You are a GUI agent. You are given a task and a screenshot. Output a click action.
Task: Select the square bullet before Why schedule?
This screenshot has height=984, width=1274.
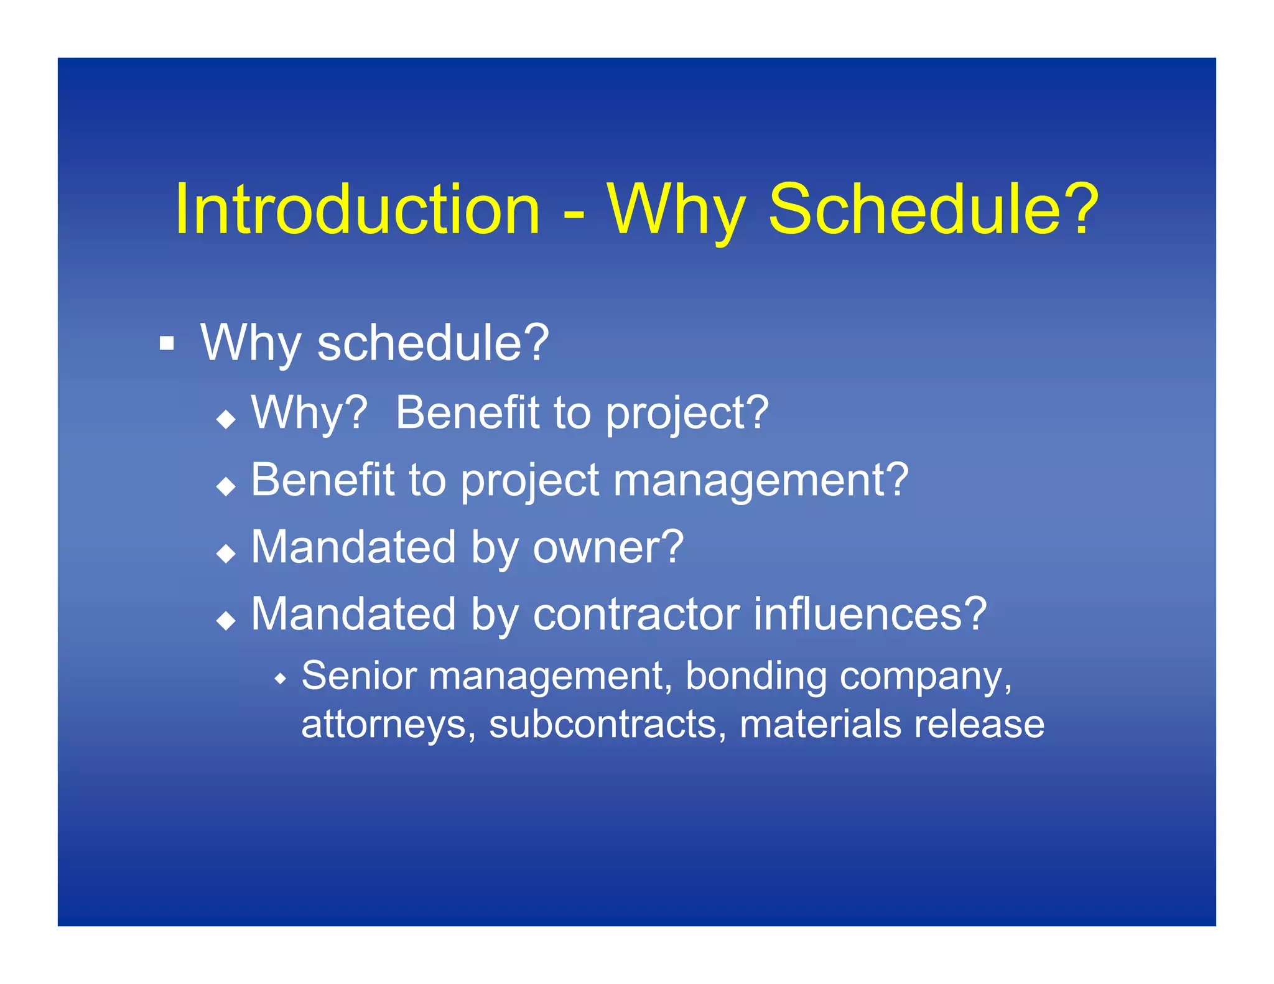pyautogui.click(x=166, y=343)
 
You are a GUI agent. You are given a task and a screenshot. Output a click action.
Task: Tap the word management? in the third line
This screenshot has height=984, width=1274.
pyautogui.click(x=761, y=481)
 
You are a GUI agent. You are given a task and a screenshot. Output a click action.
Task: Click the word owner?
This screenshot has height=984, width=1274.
pyautogui.click(x=608, y=547)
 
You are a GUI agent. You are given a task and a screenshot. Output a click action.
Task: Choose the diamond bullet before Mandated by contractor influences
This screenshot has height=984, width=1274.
pyautogui.click(x=226, y=620)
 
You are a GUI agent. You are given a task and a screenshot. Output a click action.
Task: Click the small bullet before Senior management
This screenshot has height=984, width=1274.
pyautogui.click(x=281, y=678)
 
